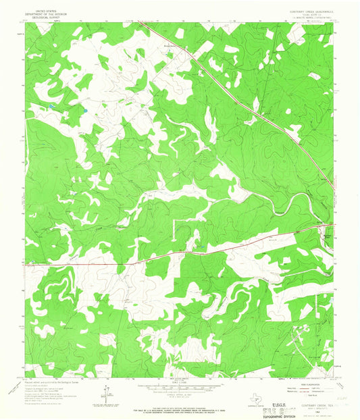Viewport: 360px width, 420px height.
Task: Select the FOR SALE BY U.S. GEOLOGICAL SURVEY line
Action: tap(180, 403)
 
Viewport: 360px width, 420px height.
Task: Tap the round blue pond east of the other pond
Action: tap(86, 109)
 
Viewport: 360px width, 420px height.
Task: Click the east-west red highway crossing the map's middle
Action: tap(169, 254)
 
